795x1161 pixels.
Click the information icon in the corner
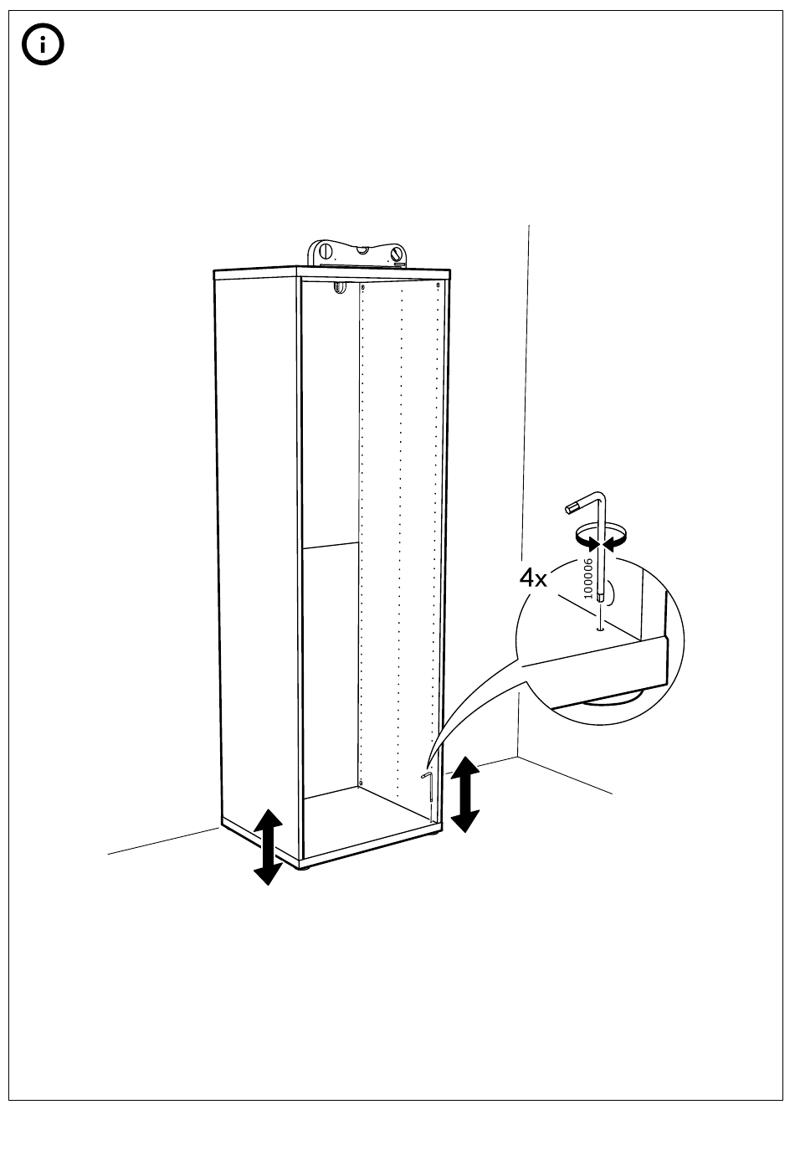pos(44,47)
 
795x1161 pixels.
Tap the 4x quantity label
pos(532,578)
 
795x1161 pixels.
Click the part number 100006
pos(587,578)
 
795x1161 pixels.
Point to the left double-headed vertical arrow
pos(268,846)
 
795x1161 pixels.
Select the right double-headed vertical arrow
pos(465,793)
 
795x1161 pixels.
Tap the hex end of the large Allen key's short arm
pos(571,506)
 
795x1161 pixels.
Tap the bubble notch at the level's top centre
pos(362,249)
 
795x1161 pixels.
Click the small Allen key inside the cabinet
pos(428,796)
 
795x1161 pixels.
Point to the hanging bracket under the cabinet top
pos(339,288)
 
